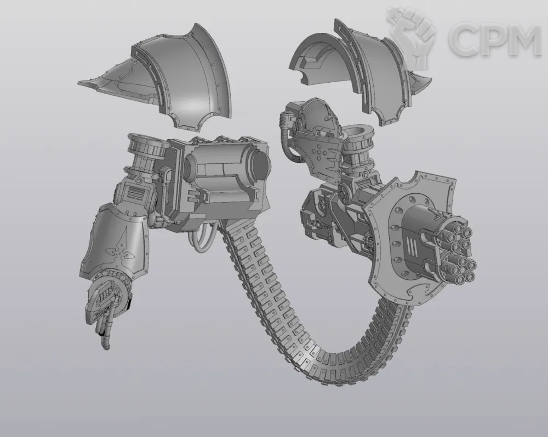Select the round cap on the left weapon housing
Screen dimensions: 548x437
point(260,166)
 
